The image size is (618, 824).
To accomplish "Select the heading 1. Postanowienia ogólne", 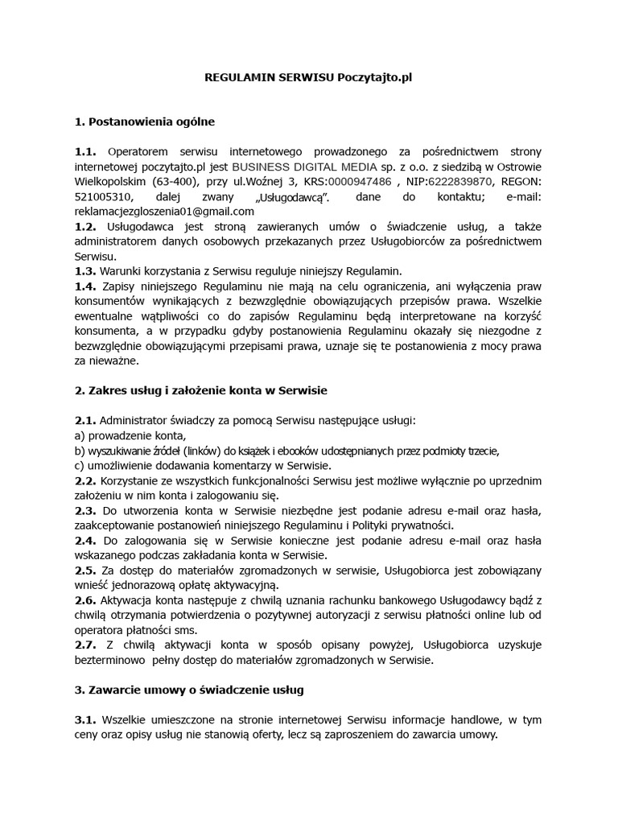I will pos(144,122).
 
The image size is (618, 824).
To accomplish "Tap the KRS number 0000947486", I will pos(356,182).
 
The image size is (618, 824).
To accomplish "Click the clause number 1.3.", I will pos(84,270).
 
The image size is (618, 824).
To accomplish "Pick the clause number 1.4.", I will pos(84,286).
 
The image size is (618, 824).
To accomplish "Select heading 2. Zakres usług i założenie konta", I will pos(200,390).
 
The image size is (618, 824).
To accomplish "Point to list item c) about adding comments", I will pos(201,465).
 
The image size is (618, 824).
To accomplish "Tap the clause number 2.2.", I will pos(84,480).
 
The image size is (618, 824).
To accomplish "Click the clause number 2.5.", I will pos(84,571).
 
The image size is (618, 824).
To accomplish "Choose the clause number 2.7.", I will pos(84,645).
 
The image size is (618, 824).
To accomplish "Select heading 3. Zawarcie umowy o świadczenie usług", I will pos(188,690).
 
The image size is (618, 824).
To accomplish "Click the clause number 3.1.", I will pos(84,720).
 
